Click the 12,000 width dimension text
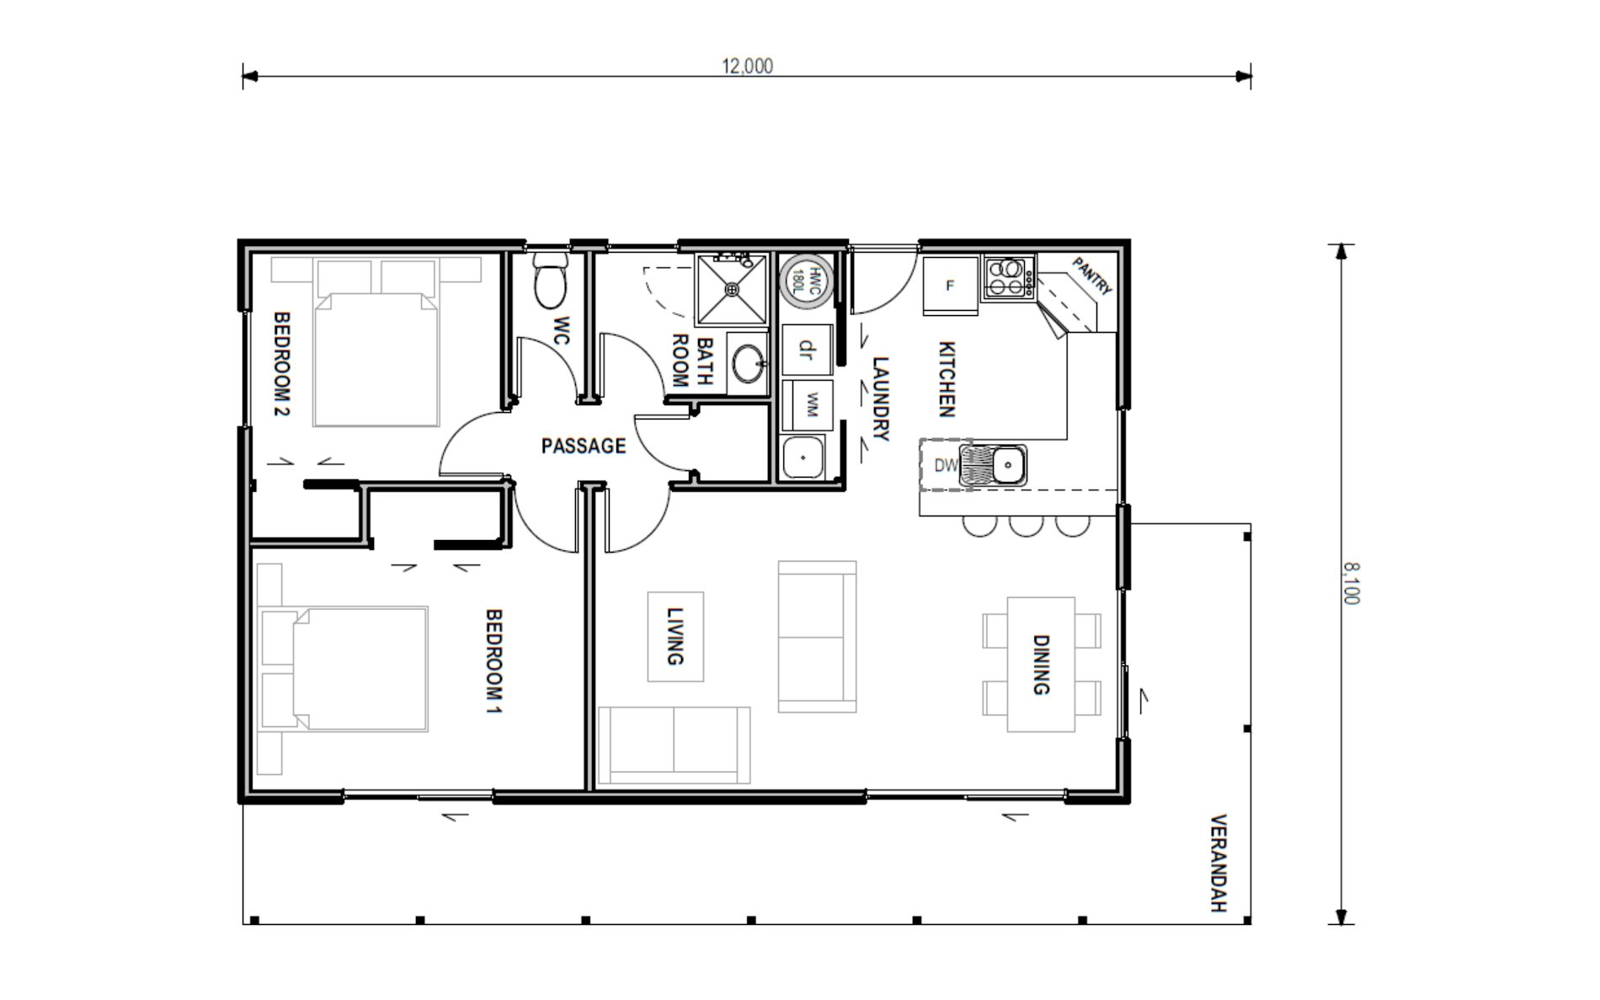tap(747, 66)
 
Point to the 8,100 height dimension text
tap(1351, 583)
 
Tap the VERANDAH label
tap(1218, 863)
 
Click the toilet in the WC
tap(552, 284)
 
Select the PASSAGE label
tap(583, 446)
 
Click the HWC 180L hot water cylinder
tap(804, 279)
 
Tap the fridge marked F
tap(950, 286)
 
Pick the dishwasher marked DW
tap(945, 465)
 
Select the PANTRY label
tap(1091, 275)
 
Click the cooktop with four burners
tap(1008, 277)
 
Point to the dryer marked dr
tap(807, 348)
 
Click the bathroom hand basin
tap(748, 365)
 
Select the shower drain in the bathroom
tap(732, 290)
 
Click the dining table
tap(1041, 665)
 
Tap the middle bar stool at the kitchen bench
tap(1026, 525)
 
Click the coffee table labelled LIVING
tap(675, 636)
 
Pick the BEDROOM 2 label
tap(282, 364)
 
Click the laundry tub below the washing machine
tap(803, 458)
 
